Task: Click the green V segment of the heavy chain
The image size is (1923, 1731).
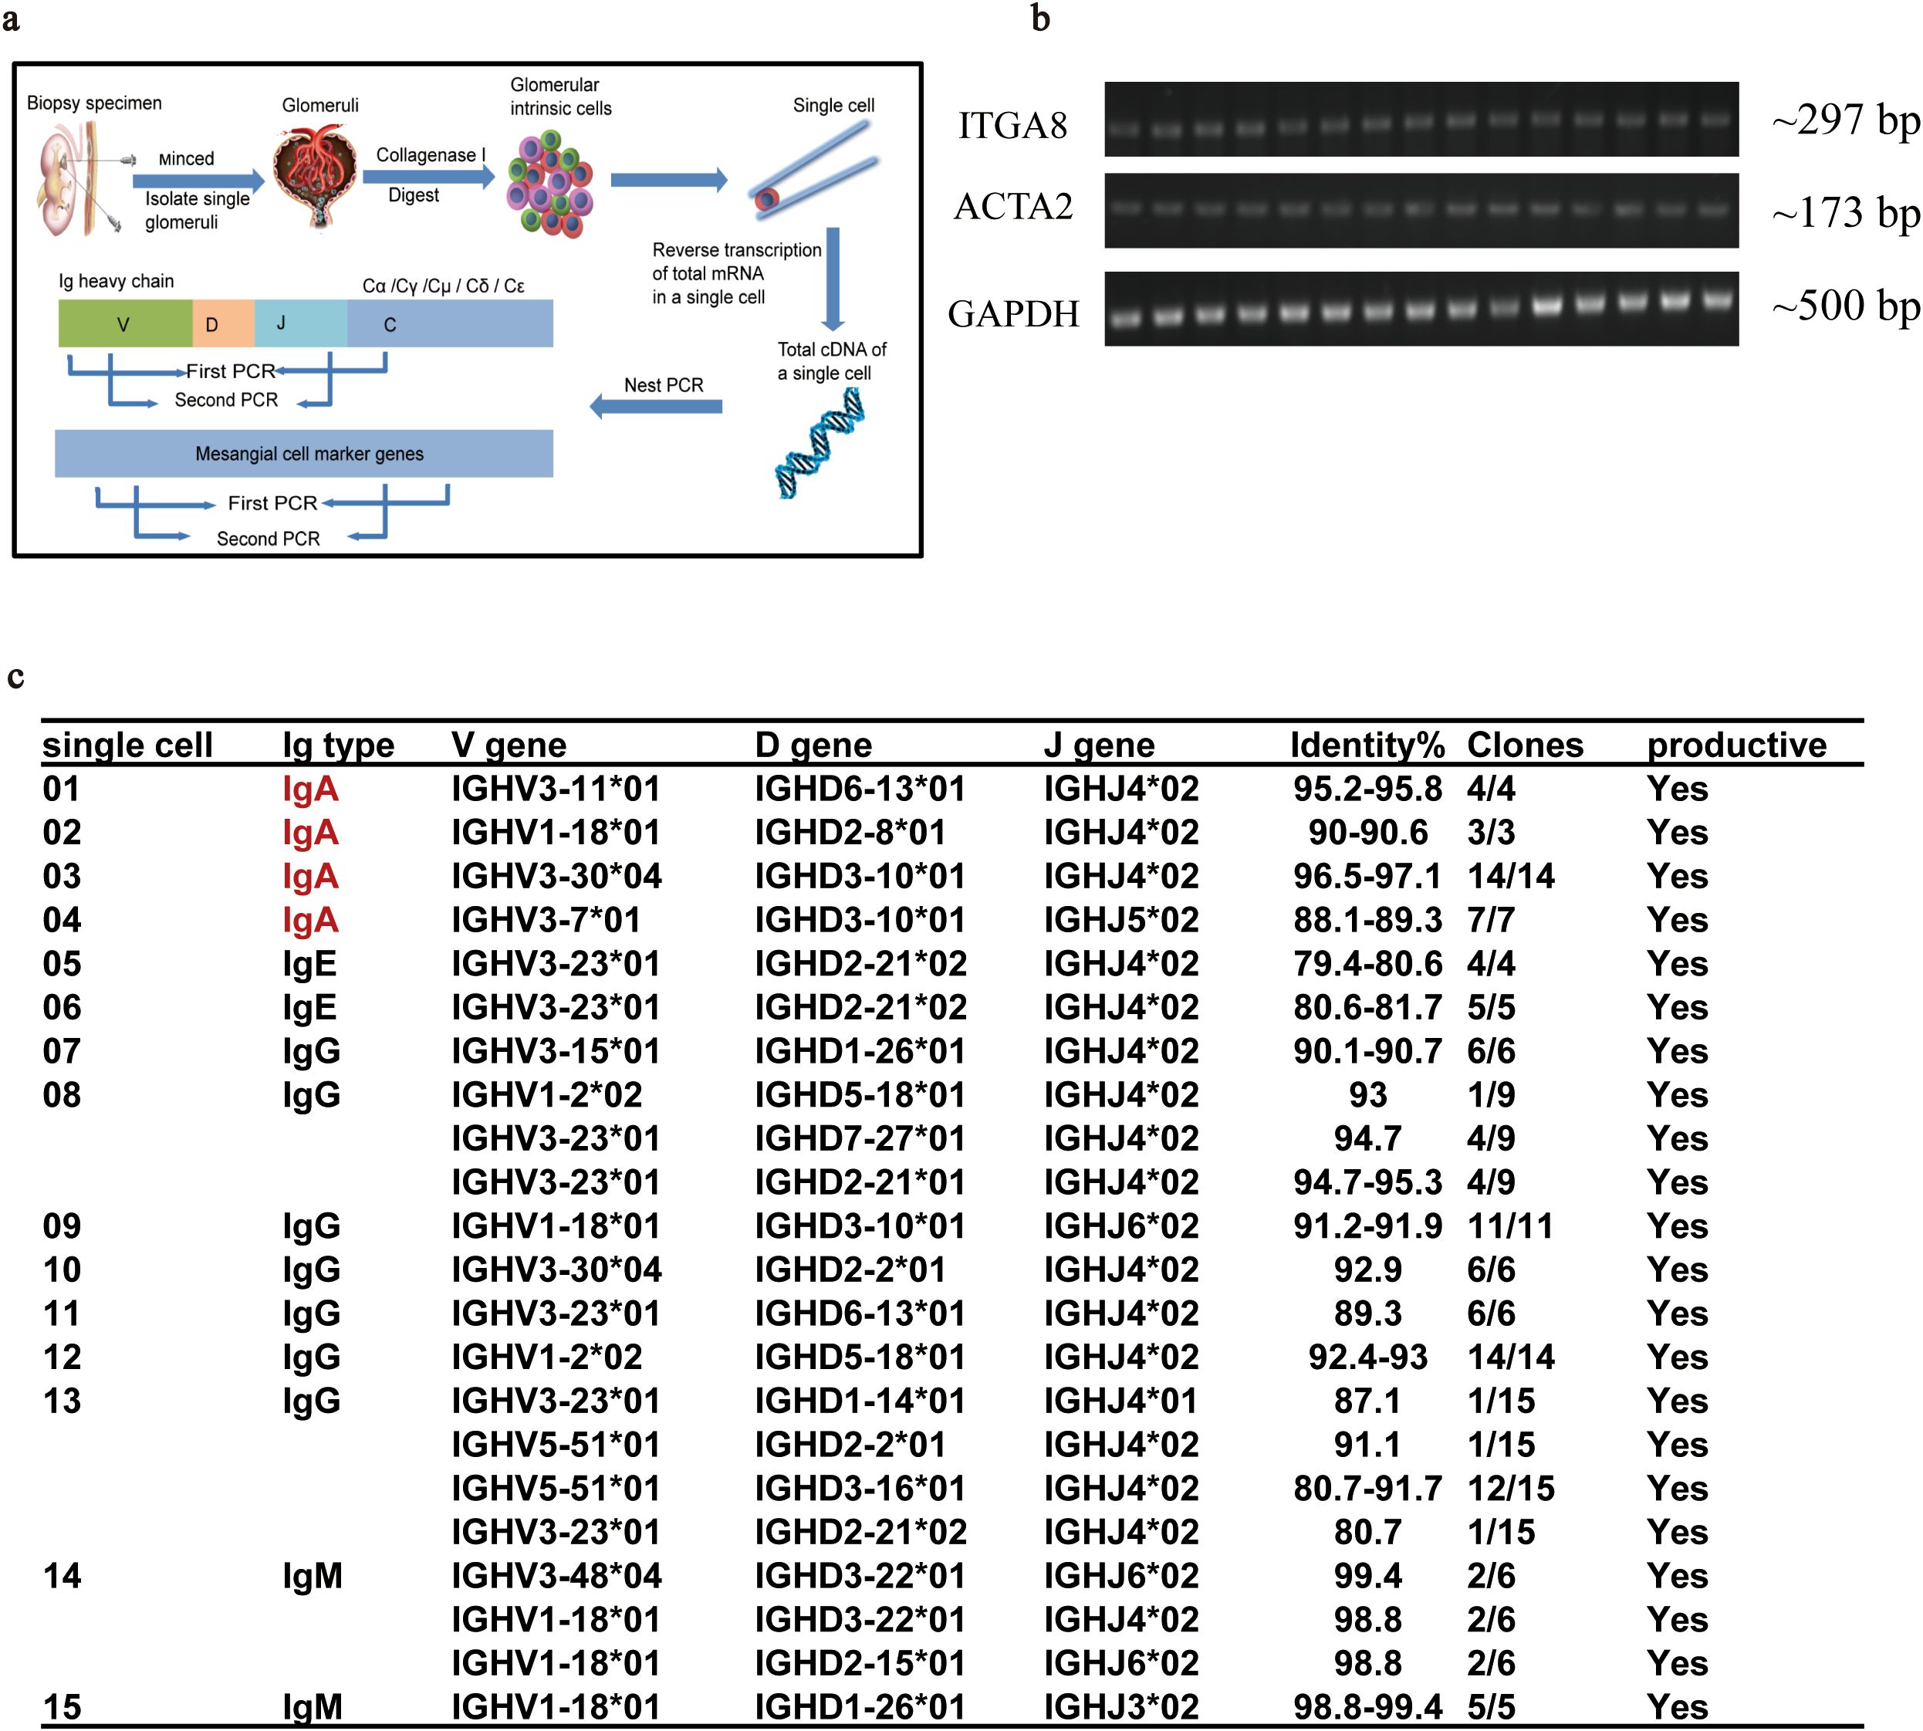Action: pos(124,323)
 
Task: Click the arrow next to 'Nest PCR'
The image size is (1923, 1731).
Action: pos(656,407)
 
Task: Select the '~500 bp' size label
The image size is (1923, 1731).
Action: pos(1845,306)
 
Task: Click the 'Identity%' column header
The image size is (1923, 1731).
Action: pos(1367,745)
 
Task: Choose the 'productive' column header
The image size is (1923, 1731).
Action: pos(1735,745)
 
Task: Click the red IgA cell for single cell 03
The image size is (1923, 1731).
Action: pos(310,876)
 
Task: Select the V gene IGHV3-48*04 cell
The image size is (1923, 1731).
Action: pos(556,1576)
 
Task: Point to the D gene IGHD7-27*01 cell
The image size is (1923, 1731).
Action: pos(860,1138)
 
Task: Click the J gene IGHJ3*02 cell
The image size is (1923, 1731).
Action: pos(1121,1707)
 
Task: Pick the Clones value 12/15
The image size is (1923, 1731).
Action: pos(1510,1489)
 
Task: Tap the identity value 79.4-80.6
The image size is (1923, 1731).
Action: pos(1367,963)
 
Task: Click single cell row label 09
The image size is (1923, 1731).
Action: pos(62,1226)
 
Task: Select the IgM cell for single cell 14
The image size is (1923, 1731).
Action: pos(312,1576)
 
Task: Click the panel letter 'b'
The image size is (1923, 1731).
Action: pos(1040,19)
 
